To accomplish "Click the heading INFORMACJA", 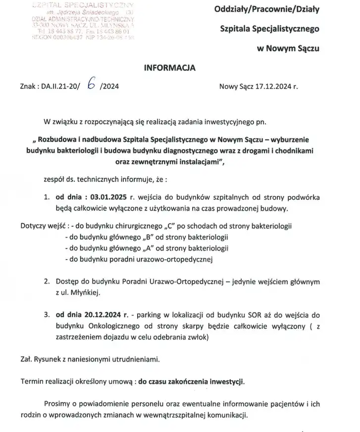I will click(169, 68).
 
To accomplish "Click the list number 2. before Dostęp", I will click(46, 282).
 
